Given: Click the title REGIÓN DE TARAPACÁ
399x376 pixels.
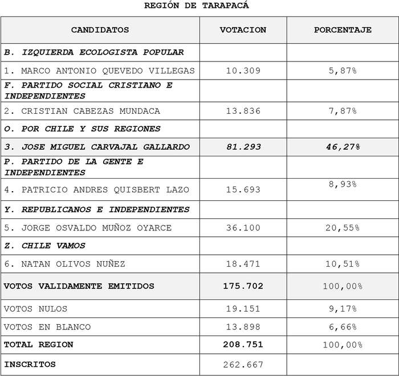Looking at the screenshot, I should click(197, 6).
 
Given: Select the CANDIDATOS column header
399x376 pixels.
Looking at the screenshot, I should click(100, 30).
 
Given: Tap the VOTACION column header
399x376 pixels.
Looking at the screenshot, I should click(243, 30).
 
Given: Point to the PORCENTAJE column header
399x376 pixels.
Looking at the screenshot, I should click(343, 30).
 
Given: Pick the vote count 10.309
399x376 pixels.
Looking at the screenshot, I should click(243, 71).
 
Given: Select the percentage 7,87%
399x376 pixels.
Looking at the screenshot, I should click(343, 111).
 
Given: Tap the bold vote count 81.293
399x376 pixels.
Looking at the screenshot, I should click(243, 147).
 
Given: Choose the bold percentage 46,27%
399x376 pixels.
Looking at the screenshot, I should click(343, 147).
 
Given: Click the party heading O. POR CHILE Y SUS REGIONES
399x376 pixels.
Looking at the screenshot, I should click(82, 129).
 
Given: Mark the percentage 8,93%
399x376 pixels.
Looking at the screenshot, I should click(343, 184).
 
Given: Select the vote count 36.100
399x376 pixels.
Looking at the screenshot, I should click(243, 228).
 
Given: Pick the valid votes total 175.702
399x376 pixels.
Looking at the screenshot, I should click(243, 286).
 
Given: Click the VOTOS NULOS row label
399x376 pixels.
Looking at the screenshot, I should click(35, 309).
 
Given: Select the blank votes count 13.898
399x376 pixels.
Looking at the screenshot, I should click(243, 327).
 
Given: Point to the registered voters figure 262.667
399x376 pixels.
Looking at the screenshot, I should click(243, 364).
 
